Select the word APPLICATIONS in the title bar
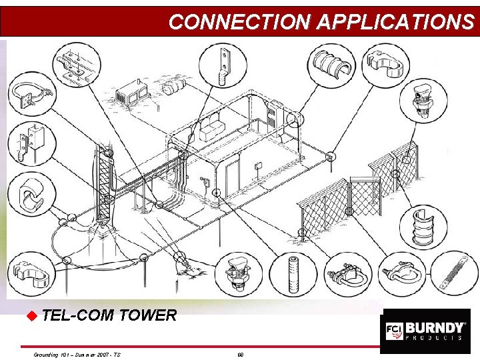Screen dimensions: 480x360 pos(395,22)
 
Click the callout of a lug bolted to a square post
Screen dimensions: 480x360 pos(27,143)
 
